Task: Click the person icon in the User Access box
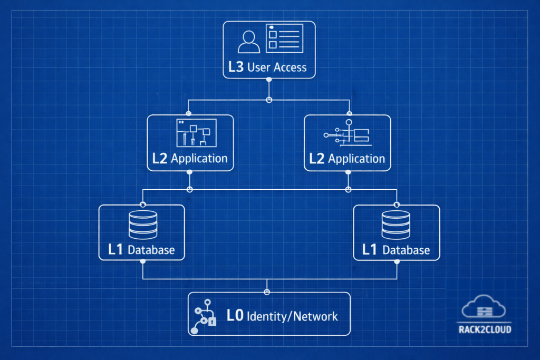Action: [x=248, y=42]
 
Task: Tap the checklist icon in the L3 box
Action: [x=284, y=38]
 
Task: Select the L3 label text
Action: [x=236, y=67]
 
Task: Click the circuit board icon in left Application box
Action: [x=196, y=133]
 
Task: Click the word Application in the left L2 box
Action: [x=199, y=159]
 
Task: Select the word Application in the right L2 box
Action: [x=356, y=159]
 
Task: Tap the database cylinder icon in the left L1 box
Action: [x=142, y=225]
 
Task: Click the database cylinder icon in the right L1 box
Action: [x=396, y=225]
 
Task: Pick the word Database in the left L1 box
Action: [x=151, y=250]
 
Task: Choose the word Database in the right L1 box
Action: [x=406, y=250]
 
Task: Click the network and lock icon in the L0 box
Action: [x=204, y=316]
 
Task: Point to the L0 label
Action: [x=235, y=316]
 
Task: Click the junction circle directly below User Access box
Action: [x=269, y=100]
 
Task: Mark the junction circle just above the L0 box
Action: [x=267, y=291]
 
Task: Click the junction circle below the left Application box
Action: [x=190, y=189]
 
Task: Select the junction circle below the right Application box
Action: [x=348, y=189]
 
